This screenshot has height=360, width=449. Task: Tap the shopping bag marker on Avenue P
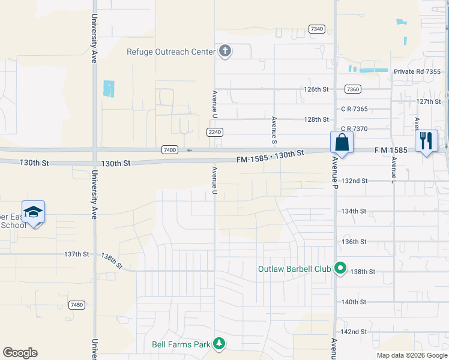[x=342, y=143]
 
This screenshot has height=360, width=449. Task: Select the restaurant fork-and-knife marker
[x=426, y=141]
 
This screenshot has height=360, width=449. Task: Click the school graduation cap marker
[x=33, y=212]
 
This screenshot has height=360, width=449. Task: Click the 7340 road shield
[x=317, y=29]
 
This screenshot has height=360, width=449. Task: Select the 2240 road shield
[x=215, y=132]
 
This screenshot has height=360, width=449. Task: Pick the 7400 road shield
[x=170, y=149]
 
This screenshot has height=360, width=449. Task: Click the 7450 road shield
[x=76, y=305]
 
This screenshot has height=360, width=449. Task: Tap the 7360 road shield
[x=353, y=89]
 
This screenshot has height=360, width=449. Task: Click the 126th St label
[x=316, y=89]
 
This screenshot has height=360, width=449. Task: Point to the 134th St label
[x=354, y=211]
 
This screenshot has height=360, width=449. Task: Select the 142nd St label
[x=354, y=332]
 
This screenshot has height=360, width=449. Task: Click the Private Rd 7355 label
[x=417, y=71]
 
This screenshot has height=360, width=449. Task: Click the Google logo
[x=20, y=353]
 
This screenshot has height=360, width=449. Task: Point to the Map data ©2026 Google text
[x=411, y=355]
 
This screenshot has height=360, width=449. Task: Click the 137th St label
[x=76, y=254]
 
